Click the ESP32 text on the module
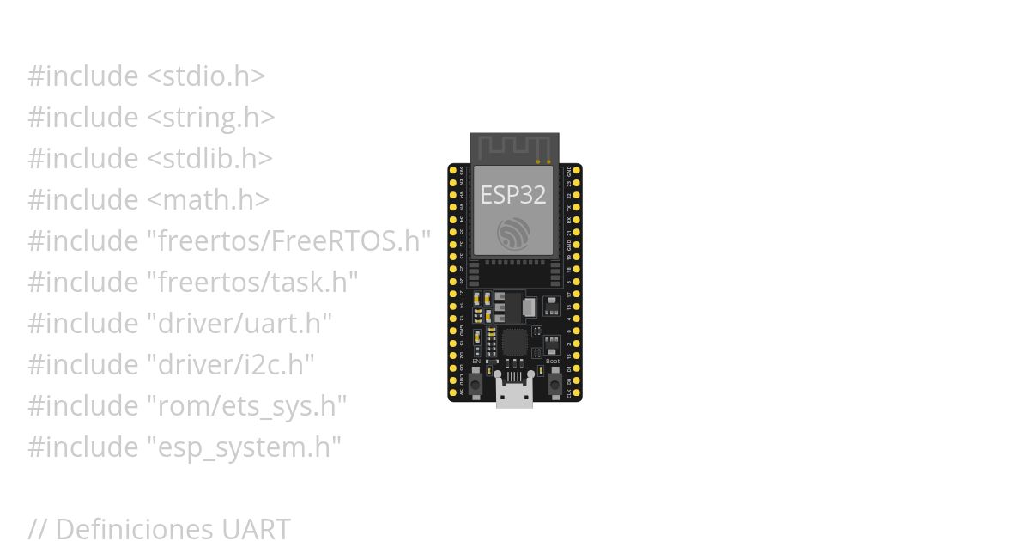coord(513,195)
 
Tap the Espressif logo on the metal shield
coord(513,233)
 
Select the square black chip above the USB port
coord(514,342)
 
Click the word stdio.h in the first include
coord(206,76)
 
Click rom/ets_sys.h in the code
coord(248,405)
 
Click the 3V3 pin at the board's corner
coord(453,171)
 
